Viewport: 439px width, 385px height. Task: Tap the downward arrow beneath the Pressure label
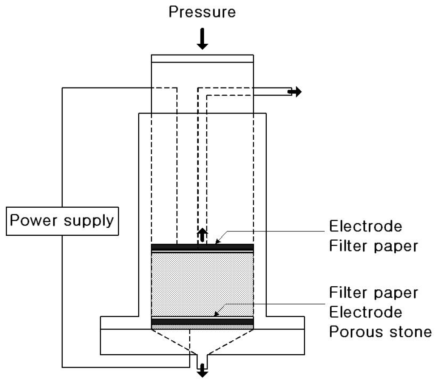(x=202, y=40)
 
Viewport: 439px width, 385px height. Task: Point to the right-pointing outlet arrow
(x=295, y=92)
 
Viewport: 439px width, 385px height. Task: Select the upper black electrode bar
(x=202, y=247)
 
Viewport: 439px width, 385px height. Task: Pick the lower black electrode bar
(x=202, y=321)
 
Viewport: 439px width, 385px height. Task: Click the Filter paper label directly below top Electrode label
(x=373, y=245)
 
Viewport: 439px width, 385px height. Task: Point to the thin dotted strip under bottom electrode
(x=202, y=327)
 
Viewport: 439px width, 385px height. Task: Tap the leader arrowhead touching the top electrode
(x=216, y=243)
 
